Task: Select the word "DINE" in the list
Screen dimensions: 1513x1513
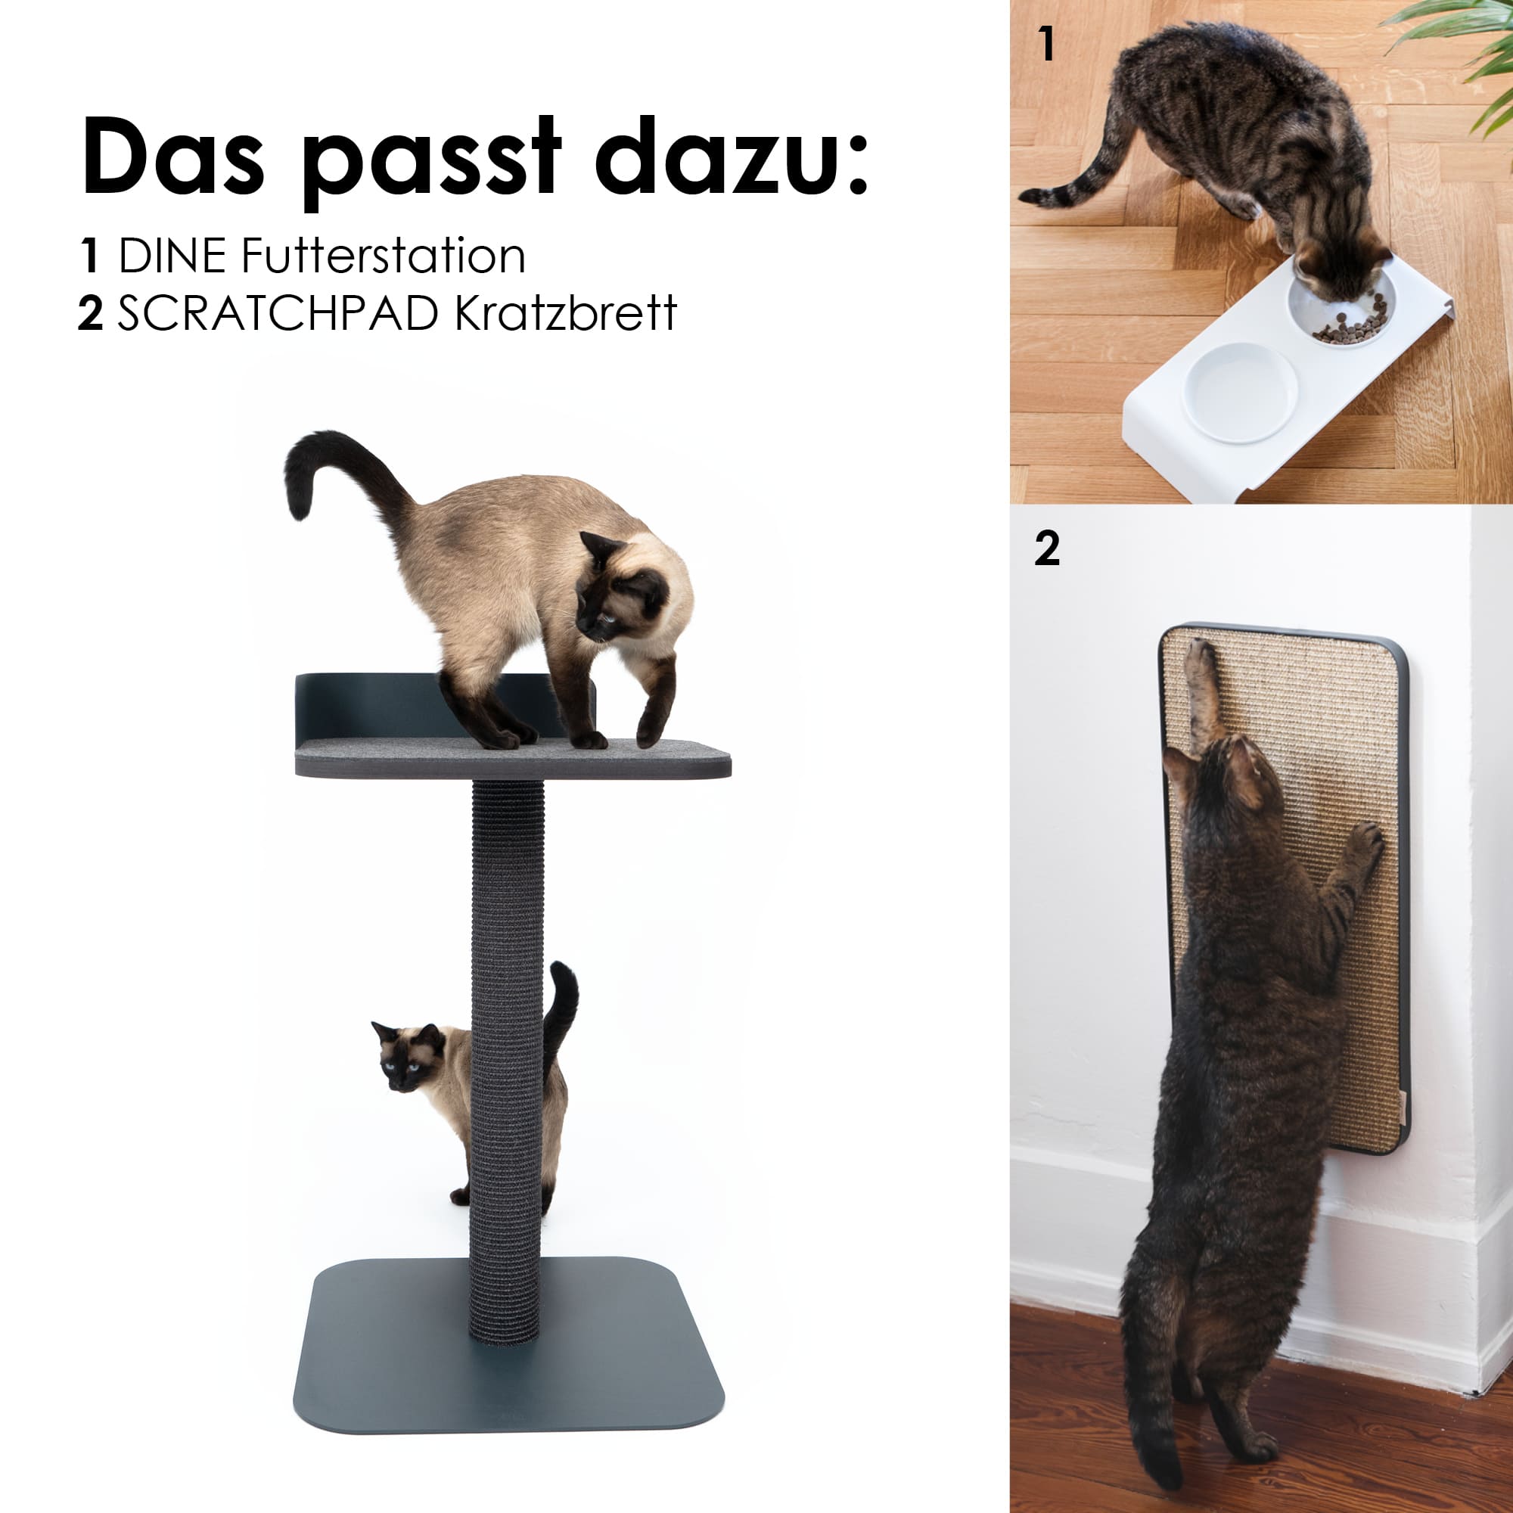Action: coord(172,256)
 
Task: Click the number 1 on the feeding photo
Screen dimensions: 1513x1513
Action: coord(1046,44)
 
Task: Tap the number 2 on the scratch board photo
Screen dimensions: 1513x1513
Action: coord(1047,548)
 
